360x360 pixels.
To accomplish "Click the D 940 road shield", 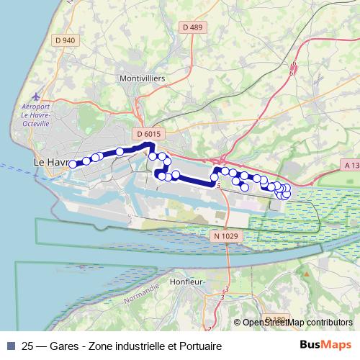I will tap(66, 40).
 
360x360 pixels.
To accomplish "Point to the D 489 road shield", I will tap(193, 27).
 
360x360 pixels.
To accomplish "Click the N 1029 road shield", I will tap(225, 235).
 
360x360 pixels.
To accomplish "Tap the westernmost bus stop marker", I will tap(72, 164).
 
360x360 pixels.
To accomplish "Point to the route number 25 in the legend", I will tap(28, 345).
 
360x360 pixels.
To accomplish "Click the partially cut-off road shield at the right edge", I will tap(352, 166).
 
